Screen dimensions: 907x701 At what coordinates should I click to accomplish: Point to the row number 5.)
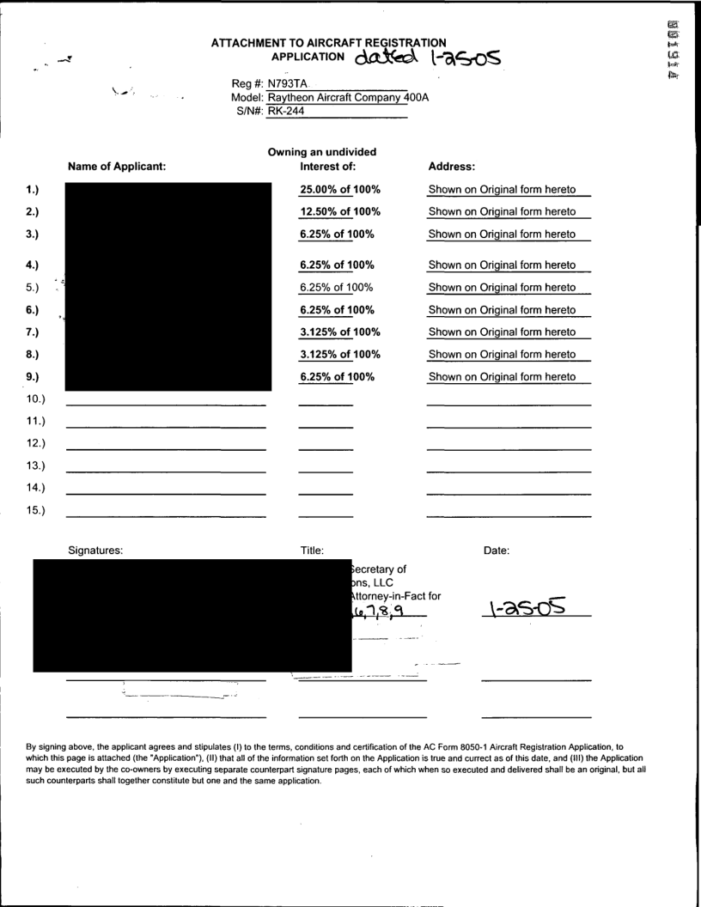click(x=36, y=287)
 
